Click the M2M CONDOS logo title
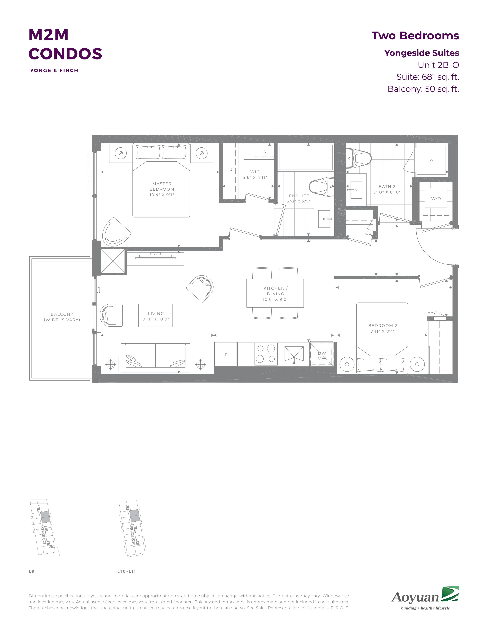[x=65, y=44]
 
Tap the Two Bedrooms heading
[x=415, y=36]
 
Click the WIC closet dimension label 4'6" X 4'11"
[x=255, y=177]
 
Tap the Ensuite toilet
[x=321, y=186]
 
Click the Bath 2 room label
[x=387, y=187]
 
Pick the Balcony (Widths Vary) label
[x=62, y=317]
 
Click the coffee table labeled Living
[x=156, y=315]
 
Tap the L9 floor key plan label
[x=32, y=571]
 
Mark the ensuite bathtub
[x=306, y=157]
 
